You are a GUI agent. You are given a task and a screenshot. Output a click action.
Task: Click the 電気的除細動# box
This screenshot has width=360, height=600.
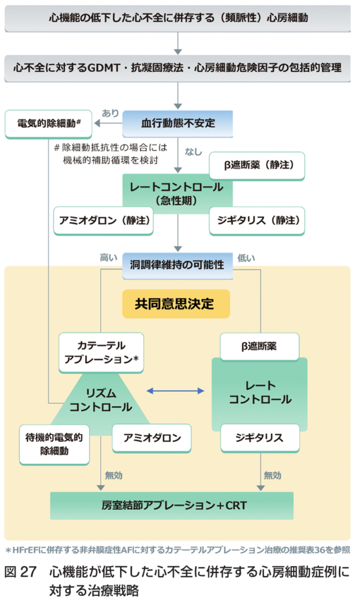[x=48, y=124]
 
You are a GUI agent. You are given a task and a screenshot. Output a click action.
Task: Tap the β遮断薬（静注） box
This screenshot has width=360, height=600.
[x=257, y=166]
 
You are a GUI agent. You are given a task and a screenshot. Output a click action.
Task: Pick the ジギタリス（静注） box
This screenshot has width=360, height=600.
[x=257, y=220]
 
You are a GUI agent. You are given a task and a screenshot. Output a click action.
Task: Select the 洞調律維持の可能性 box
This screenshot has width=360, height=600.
[x=177, y=264]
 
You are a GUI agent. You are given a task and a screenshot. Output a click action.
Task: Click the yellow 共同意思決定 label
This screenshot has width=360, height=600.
[x=175, y=304]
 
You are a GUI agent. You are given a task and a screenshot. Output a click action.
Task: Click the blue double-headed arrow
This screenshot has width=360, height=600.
[x=176, y=390]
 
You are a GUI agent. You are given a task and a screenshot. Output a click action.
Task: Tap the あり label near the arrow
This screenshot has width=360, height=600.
[x=111, y=112]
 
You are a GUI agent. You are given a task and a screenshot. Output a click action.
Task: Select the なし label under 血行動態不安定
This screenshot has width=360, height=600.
[x=193, y=152]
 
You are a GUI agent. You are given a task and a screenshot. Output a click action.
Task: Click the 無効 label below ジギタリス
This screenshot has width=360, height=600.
[x=273, y=475]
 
